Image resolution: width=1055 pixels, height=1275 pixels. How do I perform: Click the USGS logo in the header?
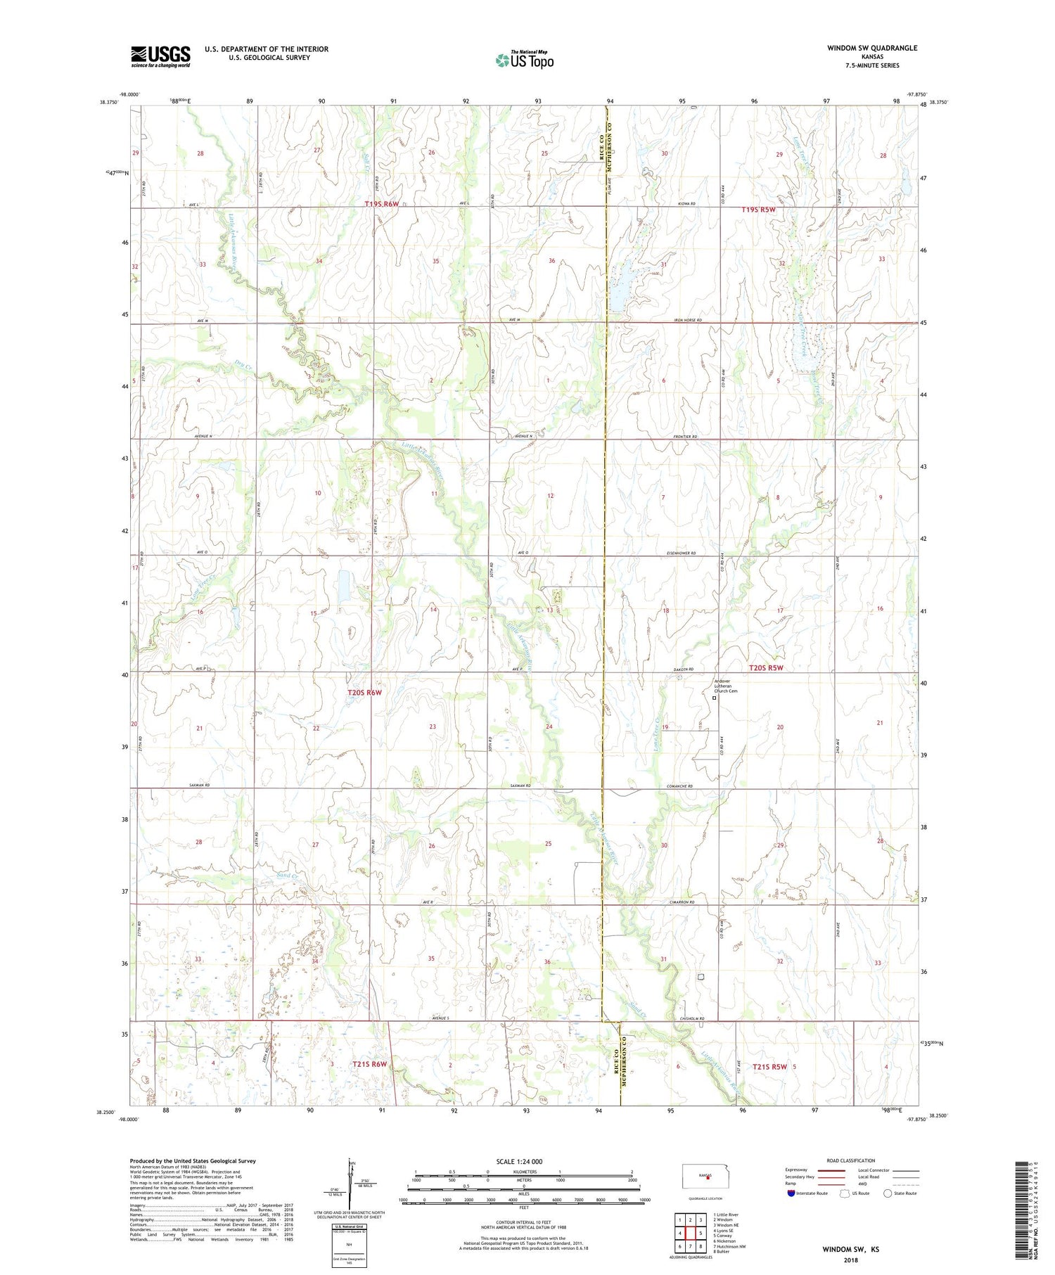click(x=160, y=56)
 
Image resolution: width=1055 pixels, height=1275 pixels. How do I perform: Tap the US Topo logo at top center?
click(x=524, y=60)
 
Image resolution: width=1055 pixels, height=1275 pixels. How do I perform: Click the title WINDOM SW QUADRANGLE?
click(x=873, y=48)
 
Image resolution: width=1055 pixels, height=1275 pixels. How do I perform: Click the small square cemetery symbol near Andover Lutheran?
click(x=715, y=698)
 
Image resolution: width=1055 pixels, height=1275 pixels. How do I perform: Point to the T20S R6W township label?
click(x=364, y=693)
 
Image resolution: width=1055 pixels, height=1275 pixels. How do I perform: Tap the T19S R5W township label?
click(x=759, y=210)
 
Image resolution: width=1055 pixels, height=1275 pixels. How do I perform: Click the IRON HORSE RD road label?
click(x=688, y=320)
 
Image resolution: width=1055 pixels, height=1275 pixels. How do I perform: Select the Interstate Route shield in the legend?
click(x=791, y=1193)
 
